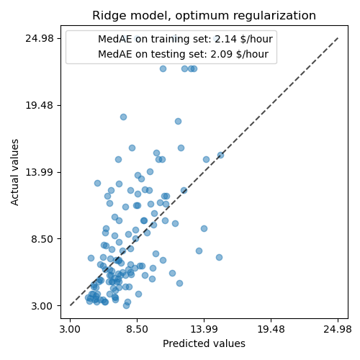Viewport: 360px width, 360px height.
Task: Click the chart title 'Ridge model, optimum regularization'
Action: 204,16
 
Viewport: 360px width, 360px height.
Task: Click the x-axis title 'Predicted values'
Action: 204,343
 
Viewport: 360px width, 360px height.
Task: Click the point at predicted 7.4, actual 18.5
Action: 123,117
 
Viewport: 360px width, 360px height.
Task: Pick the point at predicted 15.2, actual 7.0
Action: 219,257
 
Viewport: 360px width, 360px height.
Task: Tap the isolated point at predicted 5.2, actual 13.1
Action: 97,183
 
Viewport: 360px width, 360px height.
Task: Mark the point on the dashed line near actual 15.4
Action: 220,155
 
